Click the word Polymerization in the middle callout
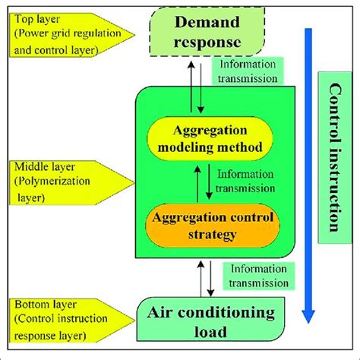[x=48, y=182]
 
